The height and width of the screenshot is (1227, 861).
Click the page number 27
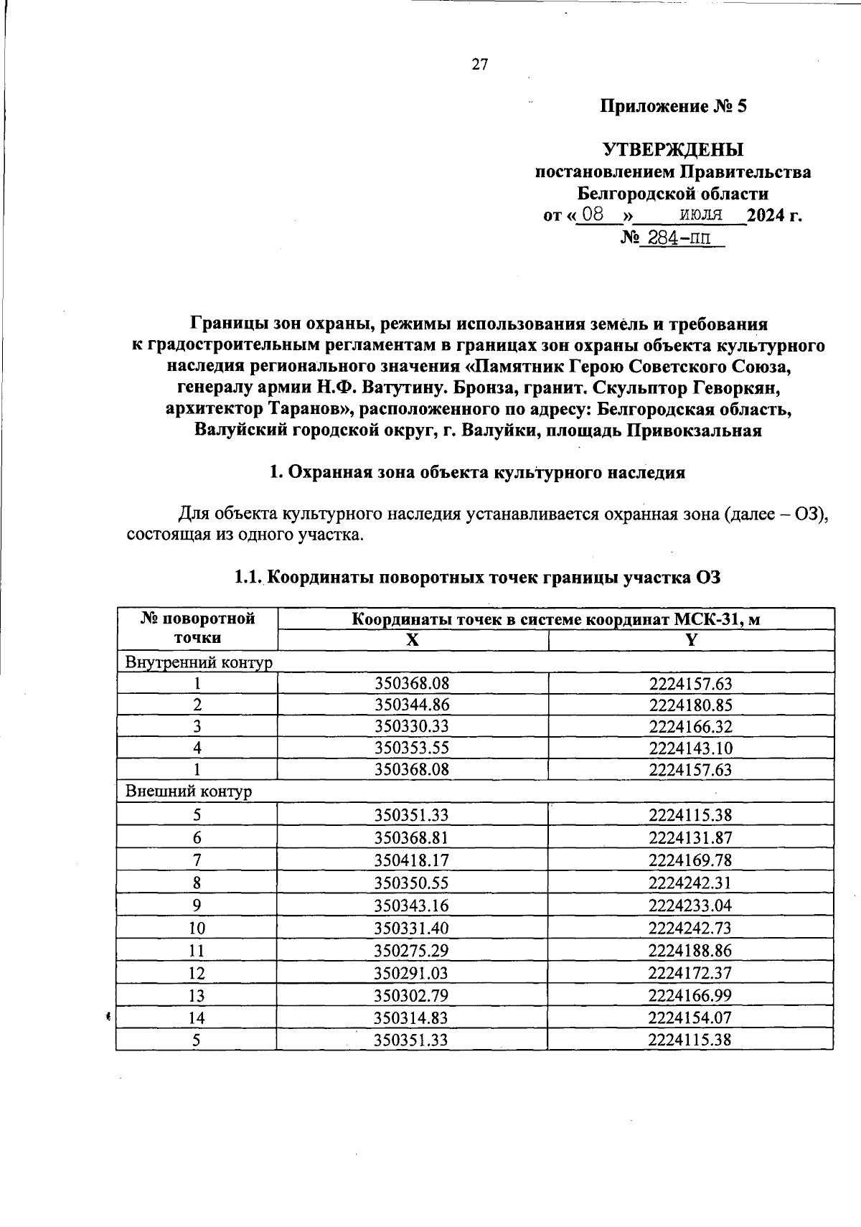pyautogui.click(x=479, y=65)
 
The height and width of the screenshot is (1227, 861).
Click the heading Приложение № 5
pyautogui.click(x=673, y=107)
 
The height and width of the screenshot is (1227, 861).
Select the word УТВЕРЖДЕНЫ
pyautogui.click(x=673, y=150)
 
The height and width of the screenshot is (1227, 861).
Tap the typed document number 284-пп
pyautogui.click(x=674, y=238)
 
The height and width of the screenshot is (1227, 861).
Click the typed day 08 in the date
pyautogui.click(x=592, y=214)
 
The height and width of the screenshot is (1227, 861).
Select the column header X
pyautogui.click(x=412, y=641)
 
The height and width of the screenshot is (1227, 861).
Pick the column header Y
pyautogui.click(x=690, y=641)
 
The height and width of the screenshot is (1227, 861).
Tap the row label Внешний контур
pyautogui.click(x=189, y=791)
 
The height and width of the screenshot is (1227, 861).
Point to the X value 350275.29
pyautogui.click(x=412, y=951)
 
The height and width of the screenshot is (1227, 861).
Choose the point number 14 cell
pyautogui.click(x=197, y=1017)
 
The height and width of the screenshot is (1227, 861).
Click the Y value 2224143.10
pyautogui.click(x=690, y=748)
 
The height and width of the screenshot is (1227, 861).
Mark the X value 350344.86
pyautogui.click(x=412, y=705)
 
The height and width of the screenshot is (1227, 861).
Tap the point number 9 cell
pyautogui.click(x=197, y=906)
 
